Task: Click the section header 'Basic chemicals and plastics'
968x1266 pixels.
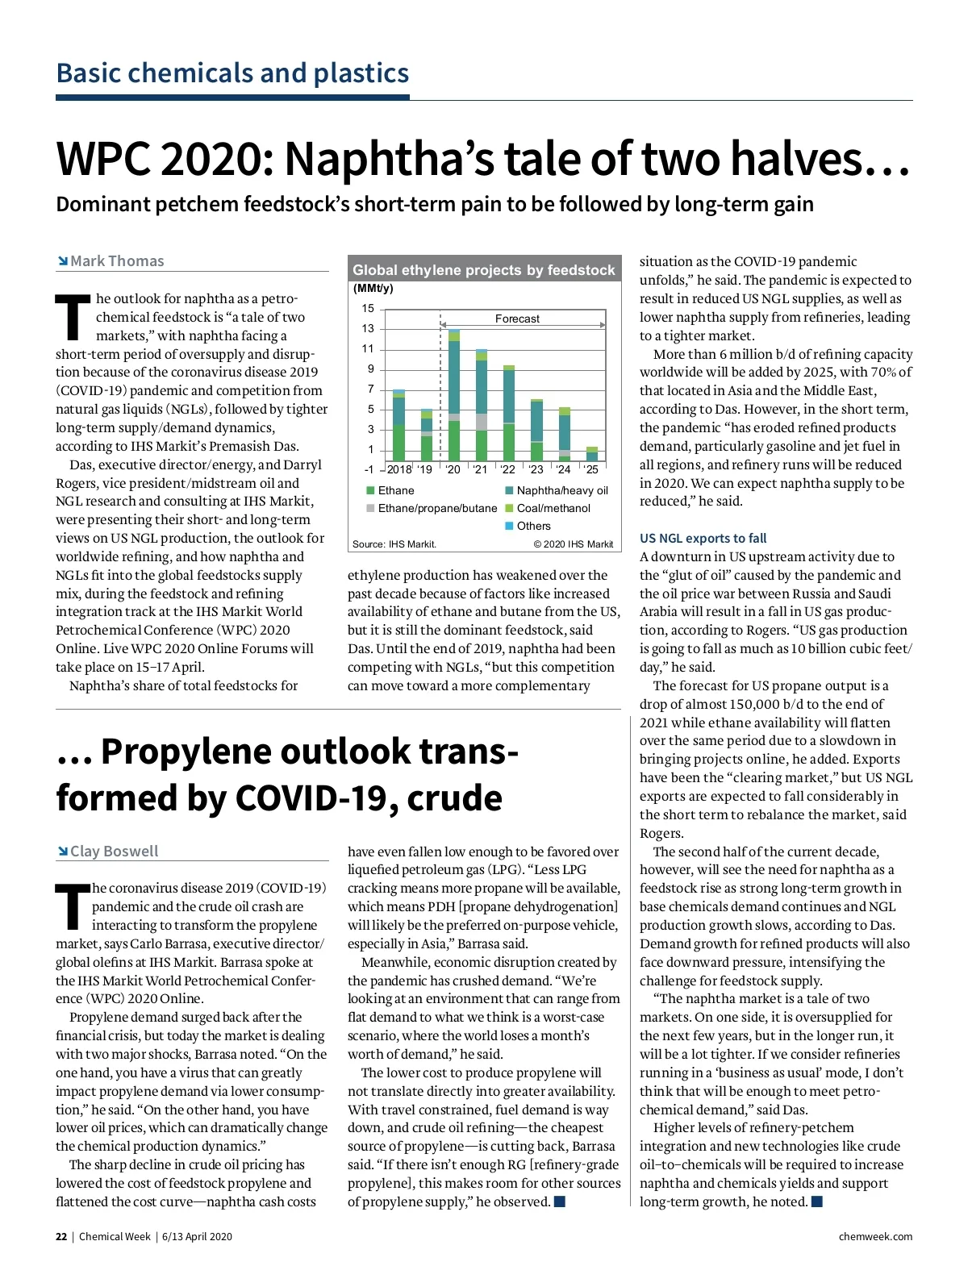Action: tap(232, 73)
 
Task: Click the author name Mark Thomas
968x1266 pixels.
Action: tap(117, 261)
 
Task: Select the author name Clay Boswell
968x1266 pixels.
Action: tap(114, 852)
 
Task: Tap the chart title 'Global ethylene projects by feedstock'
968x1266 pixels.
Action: tap(484, 270)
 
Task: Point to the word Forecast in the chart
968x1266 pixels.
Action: tap(517, 319)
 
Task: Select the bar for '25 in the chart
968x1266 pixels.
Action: tap(592, 454)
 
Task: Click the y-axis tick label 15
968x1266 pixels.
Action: tap(368, 308)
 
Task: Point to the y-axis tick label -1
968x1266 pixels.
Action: tap(369, 469)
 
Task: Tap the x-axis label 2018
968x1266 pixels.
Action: tap(399, 469)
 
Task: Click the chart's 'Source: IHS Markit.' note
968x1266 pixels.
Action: tap(394, 544)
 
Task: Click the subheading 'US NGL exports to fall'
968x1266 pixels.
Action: tap(703, 538)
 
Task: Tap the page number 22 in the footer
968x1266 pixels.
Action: tap(61, 1237)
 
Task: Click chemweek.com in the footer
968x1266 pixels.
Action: tap(875, 1237)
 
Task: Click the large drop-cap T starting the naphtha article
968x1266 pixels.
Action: tap(73, 317)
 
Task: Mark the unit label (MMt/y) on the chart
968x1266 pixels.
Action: tap(373, 289)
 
